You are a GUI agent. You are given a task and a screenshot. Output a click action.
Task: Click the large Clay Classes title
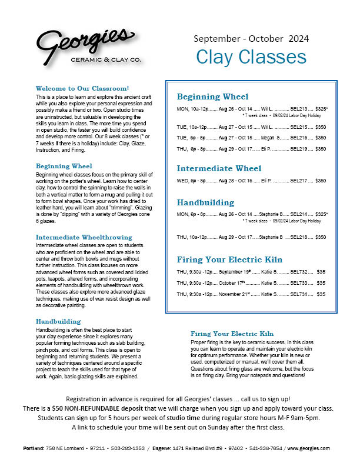[x=251, y=56]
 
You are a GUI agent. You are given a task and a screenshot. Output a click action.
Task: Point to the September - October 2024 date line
[x=251, y=39]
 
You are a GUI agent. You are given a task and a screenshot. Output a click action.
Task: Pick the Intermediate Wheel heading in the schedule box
[x=219, y=168]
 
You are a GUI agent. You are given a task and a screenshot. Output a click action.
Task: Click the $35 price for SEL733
[x=321, y=283]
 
